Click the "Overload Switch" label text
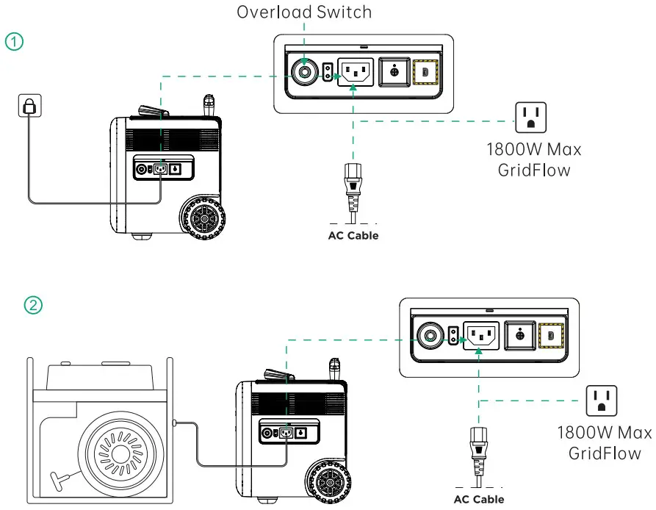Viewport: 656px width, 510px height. click(x=304, y=12)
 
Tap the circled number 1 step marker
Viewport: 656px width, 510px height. click(x=14, y=41)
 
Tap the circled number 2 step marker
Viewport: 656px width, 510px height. click(x=34, y=304)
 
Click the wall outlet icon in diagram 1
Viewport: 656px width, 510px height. click(x=29, y=107)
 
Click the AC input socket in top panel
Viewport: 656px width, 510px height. click(x=355, y=72)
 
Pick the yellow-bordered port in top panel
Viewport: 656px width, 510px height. click(x=425, y=72)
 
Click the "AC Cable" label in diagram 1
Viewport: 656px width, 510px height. click(x=353, y=236)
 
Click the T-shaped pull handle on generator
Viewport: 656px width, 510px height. click(x=57, y=480)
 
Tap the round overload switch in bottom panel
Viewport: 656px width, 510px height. click(x=428, y=336)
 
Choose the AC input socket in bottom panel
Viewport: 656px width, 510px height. click(x=480, y=336)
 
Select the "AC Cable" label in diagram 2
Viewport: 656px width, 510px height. click(x=478, y=500)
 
